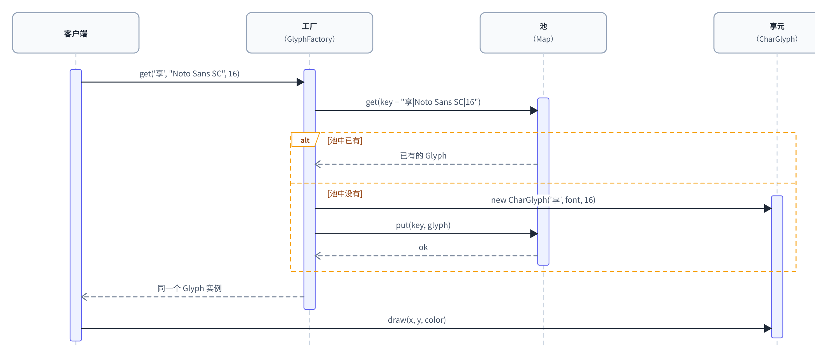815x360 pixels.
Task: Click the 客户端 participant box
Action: coord(75,33)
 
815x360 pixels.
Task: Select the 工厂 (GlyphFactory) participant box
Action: coord(310,33)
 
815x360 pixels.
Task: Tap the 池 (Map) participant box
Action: coord(543,33)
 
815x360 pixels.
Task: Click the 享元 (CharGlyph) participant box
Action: coord(777,33)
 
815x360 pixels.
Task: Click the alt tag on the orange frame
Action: coord(305,140)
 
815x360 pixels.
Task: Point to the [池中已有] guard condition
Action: coord(345,141)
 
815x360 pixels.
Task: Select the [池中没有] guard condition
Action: coord(345,194)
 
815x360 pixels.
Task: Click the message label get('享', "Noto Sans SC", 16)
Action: coord(190,74)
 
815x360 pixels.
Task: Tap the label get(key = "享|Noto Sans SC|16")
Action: coord(423,102)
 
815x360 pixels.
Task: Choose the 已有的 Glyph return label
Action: coord(423,156)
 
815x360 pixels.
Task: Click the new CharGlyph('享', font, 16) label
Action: coord(543,200)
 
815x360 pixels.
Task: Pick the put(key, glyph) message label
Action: coord(423,225)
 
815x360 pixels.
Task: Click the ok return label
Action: coord(423,247)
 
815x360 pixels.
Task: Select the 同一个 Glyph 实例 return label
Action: coord(190,289)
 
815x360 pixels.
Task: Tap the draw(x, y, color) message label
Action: coord(417,320)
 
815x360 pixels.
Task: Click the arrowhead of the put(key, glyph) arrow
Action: coord(534,234)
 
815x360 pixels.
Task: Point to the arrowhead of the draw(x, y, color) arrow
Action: coord(768,328)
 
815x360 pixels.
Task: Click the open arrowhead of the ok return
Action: coord(318,255)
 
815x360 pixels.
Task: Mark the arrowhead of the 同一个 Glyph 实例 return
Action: coord(84,297)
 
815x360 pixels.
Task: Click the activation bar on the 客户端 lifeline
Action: coord(75,205)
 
